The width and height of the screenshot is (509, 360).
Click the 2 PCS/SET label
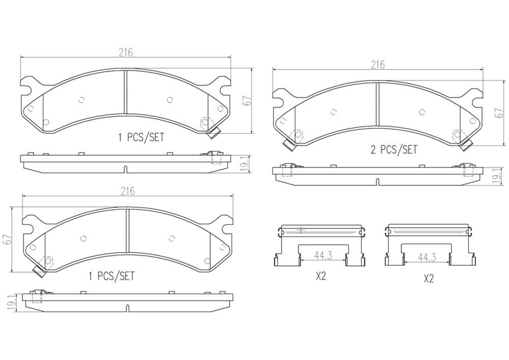[x=393, y=150]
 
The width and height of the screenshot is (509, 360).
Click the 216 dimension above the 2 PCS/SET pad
[x=377, y=65]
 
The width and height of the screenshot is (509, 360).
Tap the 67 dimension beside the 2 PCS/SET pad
[x=499, y=113]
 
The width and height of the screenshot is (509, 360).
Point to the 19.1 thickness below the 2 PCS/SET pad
[x=499, y=176]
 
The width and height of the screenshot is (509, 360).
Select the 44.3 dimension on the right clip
[x=426, y=258]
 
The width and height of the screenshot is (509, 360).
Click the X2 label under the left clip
[x=321, y=276]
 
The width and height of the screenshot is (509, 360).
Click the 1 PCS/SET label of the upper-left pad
[x=141, y=137]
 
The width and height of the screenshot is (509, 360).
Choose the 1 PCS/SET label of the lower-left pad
[x=111, y=276]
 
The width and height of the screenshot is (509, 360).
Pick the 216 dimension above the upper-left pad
[x=126, y=52]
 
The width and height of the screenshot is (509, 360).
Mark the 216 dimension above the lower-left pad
[x=127, y=191]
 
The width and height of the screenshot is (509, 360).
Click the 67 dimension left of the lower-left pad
[x=7, y=239]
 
